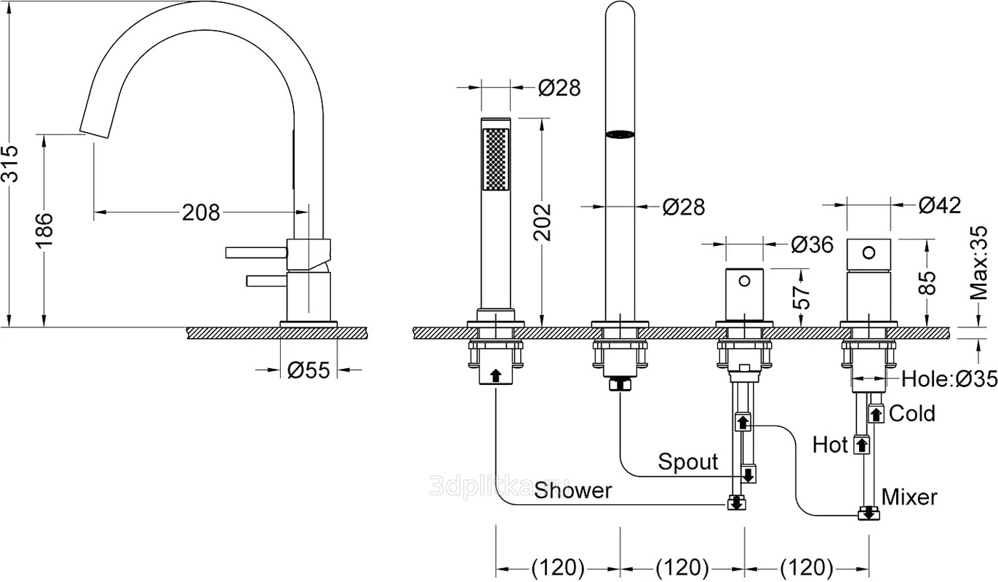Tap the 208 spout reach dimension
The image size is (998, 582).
point(200,212)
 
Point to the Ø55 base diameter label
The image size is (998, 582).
point(308,370)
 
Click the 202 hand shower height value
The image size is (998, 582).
point(543,221)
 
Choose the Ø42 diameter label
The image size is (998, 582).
point(939,205)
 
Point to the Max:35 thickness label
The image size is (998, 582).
point(979,263)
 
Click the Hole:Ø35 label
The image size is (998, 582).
point(949,378)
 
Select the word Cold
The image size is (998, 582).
point(912,413)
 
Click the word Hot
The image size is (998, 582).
point(830,444)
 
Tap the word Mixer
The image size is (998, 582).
point(909,497)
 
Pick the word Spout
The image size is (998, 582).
point(687,461)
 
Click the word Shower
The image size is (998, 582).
point(573,490)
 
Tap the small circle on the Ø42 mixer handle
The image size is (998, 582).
point(869,252)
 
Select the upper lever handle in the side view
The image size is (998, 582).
point(256,252)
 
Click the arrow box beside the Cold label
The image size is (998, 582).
point(877,414)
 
